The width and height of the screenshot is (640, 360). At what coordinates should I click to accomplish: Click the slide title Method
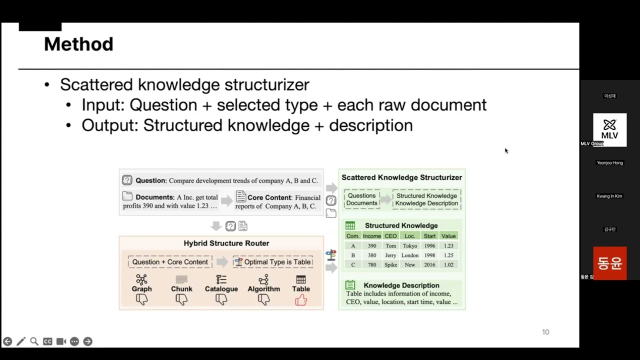pyautogui.click(x=78, y=44)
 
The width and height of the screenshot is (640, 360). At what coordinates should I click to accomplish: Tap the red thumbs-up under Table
pyautogui.click(x=300, y=300)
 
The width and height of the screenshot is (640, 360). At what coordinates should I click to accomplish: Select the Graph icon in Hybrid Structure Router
pyautogui.click(x=141, y=279)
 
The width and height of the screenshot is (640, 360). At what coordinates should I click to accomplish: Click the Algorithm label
pyautogui.click(x=263, y=289)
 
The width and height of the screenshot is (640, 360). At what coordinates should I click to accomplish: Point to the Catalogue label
pyautogui.click(x=221, y=289)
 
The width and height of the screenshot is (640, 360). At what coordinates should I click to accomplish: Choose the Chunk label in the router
pyautogui.click(x=181, y=289)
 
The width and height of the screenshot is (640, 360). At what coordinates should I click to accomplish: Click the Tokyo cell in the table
pyautogui.click(x=410, y=246)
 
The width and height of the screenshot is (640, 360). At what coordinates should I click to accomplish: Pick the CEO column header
pyautogui.click(x=390, y=236)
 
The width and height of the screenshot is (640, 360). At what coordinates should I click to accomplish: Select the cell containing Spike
pyautogui.click(x=390, y=265)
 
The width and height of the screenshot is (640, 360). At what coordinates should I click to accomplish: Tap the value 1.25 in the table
pyautogui.click(x=448, y=255)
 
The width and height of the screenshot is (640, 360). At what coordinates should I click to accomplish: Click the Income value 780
pyautogui.click(x=372, y=265)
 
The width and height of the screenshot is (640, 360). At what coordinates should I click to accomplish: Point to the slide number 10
pyautogui.click(x=545, y=332)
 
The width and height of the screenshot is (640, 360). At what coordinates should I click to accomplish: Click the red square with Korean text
pyautogui.click(x=609, y=263)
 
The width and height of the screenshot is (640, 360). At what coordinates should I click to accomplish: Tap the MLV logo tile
pyautogui.click(x=609, y=129)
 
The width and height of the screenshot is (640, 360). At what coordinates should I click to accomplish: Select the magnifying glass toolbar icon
pyautogui.click(x=34, y=341)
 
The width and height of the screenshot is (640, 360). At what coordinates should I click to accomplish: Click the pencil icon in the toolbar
pyautogui.click(x=20, y=341)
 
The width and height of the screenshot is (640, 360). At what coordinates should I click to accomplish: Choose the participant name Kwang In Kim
pyautogui.click(x=609, y=196)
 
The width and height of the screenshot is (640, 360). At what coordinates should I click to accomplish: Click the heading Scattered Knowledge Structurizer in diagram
pyautogui.click(x=401, y=177)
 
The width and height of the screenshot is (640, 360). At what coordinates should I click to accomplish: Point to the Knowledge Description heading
pyautogui.click(x=401, y=285)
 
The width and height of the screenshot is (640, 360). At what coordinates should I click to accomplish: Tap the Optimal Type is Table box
pyautogui.click(x=272, y=262)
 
